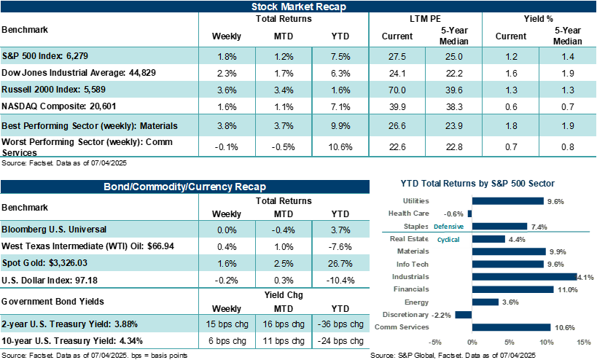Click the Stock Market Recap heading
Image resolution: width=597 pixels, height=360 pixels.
298,7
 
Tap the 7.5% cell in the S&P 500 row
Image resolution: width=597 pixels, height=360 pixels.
340,55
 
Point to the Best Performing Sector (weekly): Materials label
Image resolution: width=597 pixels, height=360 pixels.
89,125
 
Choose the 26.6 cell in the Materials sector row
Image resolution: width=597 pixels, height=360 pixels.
397,125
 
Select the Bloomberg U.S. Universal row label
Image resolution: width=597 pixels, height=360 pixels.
54,229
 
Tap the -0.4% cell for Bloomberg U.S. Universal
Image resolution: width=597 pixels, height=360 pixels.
284,230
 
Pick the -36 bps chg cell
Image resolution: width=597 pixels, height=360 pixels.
340,324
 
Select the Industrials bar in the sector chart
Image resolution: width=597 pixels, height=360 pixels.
524,277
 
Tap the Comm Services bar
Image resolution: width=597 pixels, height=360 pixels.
511,327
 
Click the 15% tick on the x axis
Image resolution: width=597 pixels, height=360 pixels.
583,342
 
